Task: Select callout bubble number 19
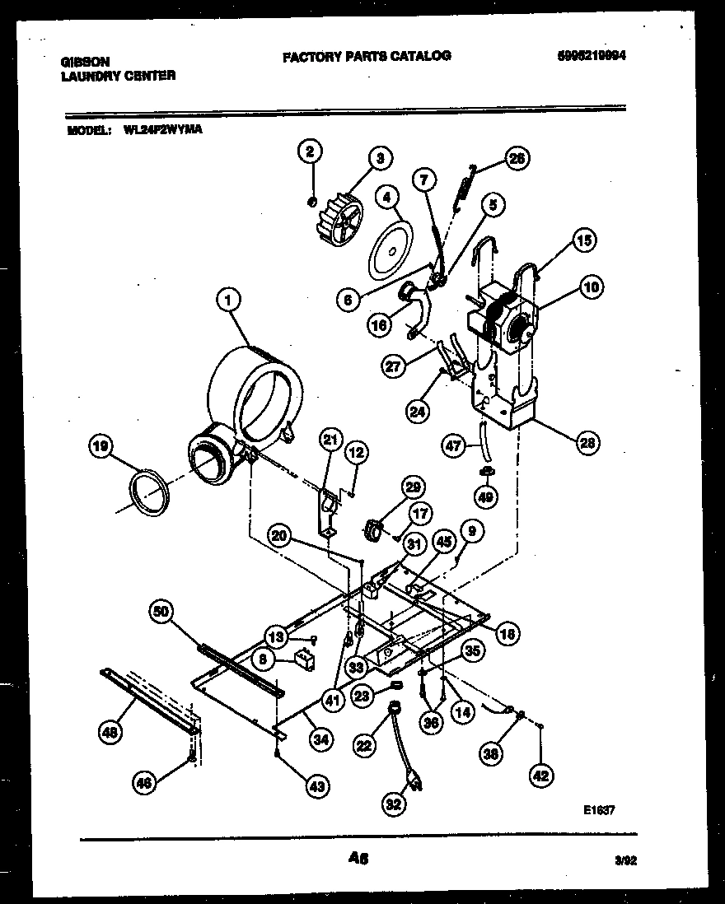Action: pos(100,448)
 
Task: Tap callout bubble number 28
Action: pos(587,443)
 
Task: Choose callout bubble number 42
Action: pos(540,775)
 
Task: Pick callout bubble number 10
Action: pos(591,287)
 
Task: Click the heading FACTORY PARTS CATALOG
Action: pos(367,56)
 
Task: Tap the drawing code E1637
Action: pos(599,810)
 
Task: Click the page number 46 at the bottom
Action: pos(358,858)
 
